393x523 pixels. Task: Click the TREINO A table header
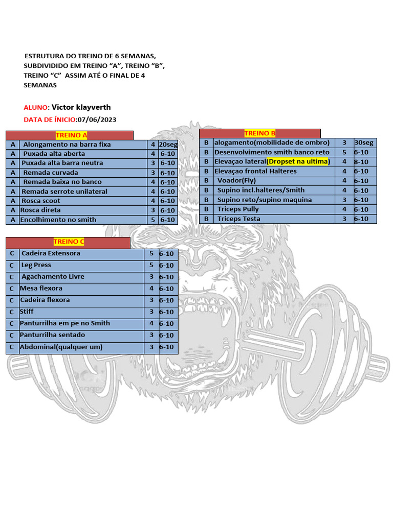point(71,135)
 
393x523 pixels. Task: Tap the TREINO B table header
point(260,133)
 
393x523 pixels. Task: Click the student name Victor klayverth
point(81,107)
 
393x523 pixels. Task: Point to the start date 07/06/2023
point(97,120)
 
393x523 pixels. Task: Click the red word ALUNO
point(35,108)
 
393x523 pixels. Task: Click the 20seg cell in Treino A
point(168,145)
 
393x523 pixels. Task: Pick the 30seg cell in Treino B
point(364,142)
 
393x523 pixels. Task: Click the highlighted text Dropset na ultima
point(298,161)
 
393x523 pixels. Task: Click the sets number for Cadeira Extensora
point(151,253)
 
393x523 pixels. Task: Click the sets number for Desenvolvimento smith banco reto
point(344,152)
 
